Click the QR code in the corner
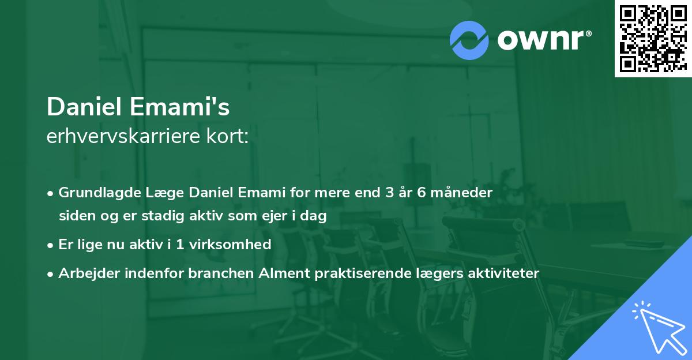(653, 39)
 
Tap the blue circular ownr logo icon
(469, 40)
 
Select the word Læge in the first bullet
(152, 193)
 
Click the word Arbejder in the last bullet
(85, 273)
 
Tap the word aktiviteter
(503, 273)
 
